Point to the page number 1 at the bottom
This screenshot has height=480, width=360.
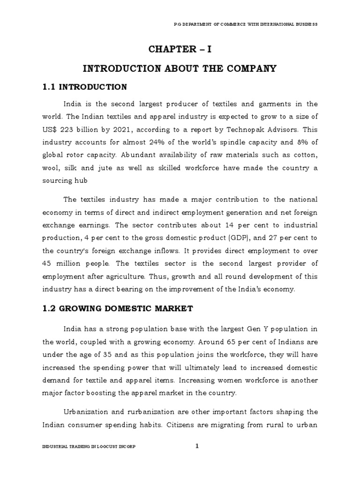coord(197,446)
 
